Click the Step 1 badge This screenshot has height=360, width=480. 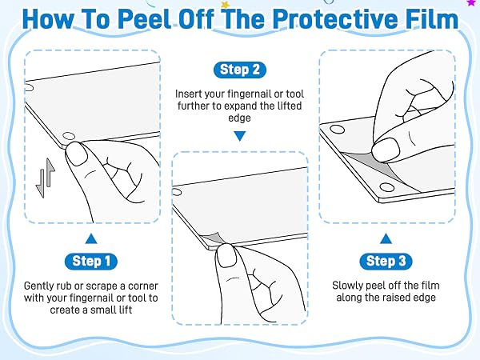91,262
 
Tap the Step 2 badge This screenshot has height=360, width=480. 240,70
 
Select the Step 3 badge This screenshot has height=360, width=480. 386,262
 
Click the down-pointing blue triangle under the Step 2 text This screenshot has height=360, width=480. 240,136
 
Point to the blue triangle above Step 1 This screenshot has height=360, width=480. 91,238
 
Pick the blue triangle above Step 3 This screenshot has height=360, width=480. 386,238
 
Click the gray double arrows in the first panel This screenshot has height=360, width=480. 46,178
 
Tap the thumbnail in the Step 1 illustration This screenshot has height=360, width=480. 76,154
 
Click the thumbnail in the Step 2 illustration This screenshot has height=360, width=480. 226,256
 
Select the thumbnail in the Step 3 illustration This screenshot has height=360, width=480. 386,150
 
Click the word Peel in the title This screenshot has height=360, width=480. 144,19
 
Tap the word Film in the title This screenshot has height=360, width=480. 432,19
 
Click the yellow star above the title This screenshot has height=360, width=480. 226,4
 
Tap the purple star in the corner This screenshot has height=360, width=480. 471,2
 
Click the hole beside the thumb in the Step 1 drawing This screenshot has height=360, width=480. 69,136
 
